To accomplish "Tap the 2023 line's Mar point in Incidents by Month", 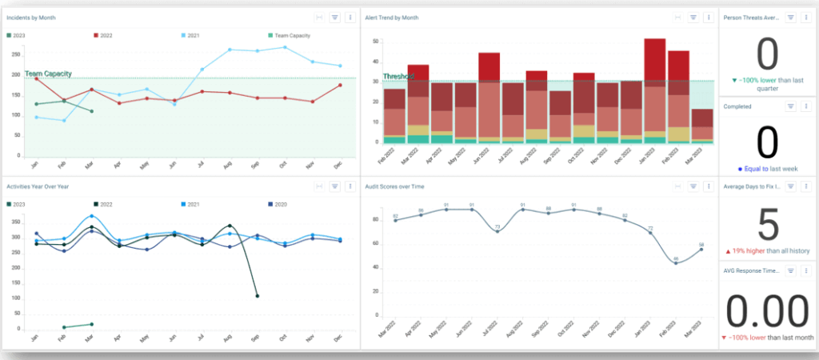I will [x=91, y=111].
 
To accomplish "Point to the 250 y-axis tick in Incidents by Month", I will [x=15, y=54].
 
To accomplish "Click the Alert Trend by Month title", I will [x=394, y=17].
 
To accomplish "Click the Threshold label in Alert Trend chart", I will [x=398, y=77].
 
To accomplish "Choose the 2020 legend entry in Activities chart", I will [x=275, y=204].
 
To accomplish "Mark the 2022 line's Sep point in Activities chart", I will [x=256, y=296].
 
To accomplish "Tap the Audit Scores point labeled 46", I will [x=677, y=262].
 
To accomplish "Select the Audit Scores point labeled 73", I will [x=497, y=231].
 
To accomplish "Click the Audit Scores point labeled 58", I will [x=701, y=250].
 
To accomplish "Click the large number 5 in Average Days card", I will [x=767, y=226].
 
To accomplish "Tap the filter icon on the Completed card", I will [x=789, y=106].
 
